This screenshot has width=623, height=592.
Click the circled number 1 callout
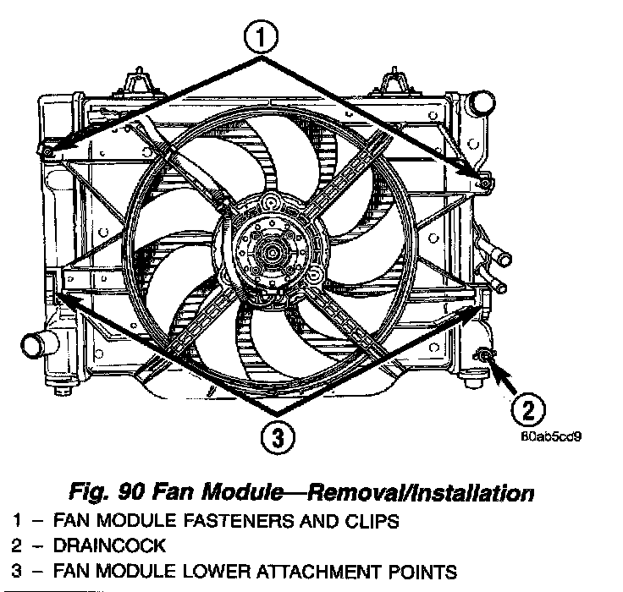pyautogui.click(x=262, y=38)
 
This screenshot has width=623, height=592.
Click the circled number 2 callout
pyautogui.click(x=527, y=411)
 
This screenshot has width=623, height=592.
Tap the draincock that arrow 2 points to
pyautogui.click(x=485, y=355)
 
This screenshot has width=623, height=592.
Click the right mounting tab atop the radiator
pyautogui.click(x=393, y=85)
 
